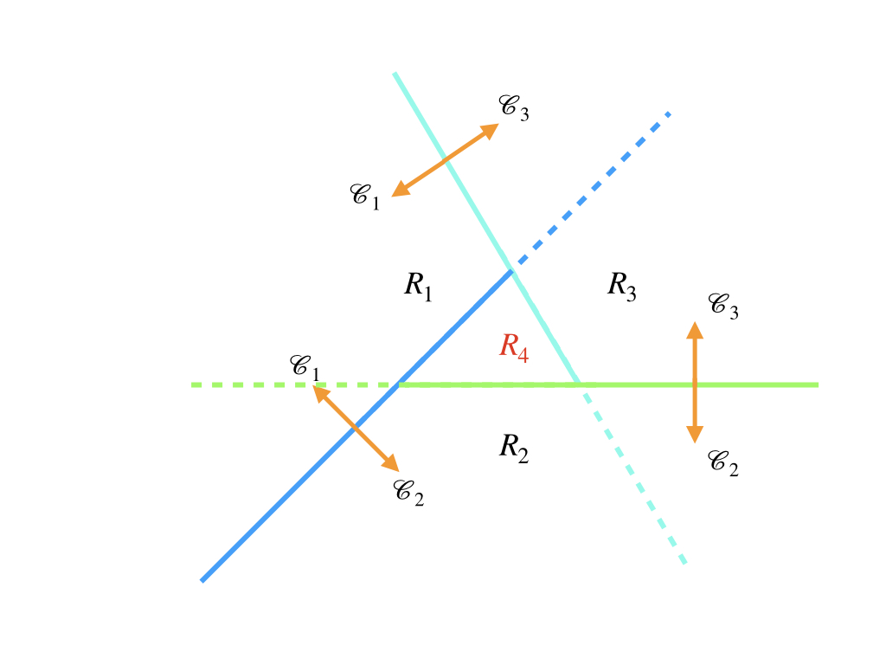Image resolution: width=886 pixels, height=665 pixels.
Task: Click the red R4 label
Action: click(514, 346)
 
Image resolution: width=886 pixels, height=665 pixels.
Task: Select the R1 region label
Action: click(418, 286)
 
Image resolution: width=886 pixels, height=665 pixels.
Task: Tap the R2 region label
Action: click(514, 448)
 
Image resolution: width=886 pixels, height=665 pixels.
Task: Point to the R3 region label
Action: click(622, 286)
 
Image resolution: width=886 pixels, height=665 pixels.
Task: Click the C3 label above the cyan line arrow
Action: click(514, 107)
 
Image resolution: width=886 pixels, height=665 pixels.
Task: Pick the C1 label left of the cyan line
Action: click(364, 196)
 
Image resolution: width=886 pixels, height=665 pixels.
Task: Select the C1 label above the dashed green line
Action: click(305, 367)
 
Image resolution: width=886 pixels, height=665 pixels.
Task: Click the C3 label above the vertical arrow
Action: click(723, 306)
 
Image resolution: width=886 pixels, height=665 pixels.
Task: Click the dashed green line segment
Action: click(294, 384)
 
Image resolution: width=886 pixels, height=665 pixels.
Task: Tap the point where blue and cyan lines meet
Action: click(511, 272)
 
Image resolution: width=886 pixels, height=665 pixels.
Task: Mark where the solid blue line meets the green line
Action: click(398, 384)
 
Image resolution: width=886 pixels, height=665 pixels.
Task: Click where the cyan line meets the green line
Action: click(578, 384)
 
